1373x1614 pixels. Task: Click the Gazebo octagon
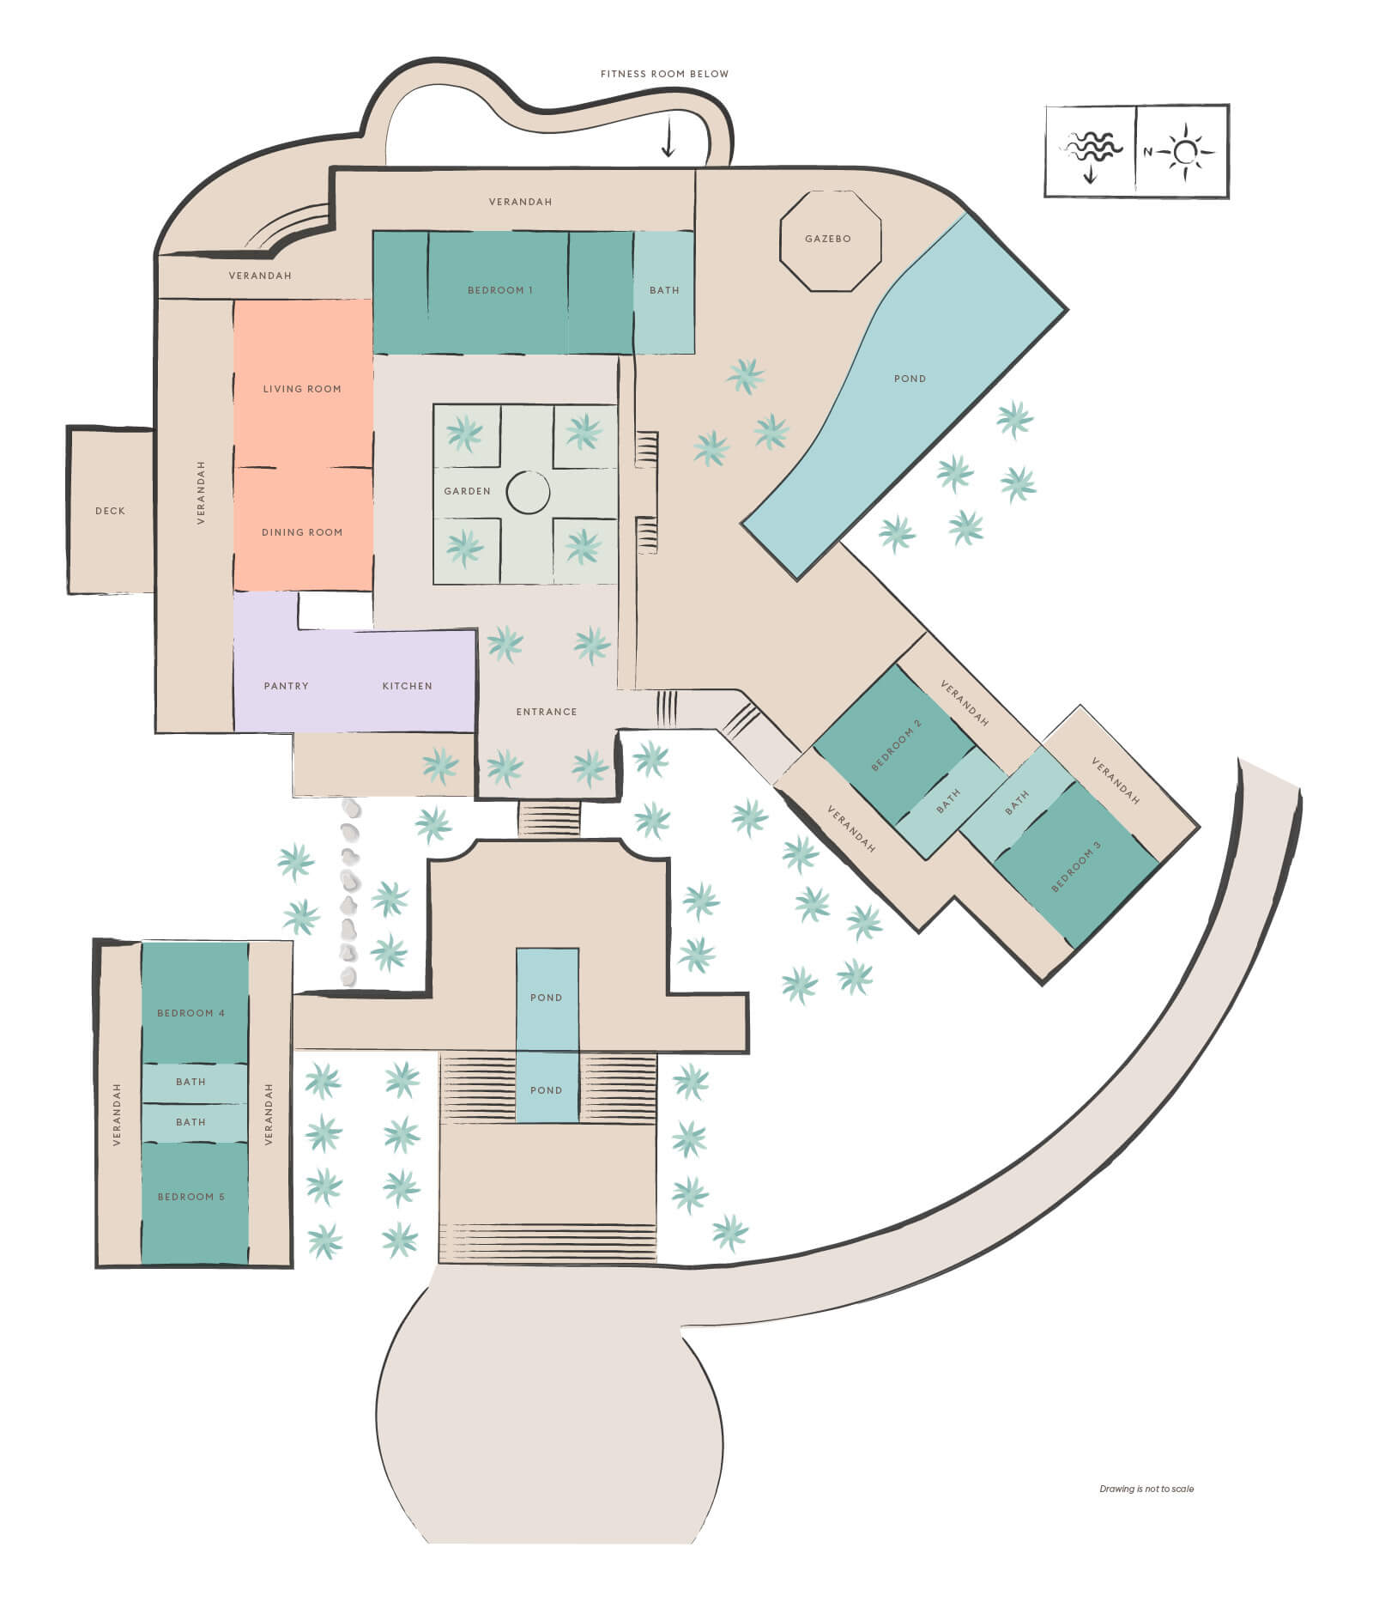(829, 240)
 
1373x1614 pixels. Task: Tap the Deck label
(111, 511)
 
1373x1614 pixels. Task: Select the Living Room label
(302, 389)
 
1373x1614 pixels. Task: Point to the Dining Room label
(302, 532)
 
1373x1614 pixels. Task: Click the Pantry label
(287, 686)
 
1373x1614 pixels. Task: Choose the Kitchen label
(408, 686)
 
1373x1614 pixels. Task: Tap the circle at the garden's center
(528, 493)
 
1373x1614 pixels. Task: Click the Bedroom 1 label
(500, 290)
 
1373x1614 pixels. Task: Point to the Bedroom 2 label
(897, 745)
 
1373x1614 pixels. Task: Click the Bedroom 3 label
(1076, 866)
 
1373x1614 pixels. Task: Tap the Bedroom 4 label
(191, 1013)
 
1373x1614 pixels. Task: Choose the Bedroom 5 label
(191, 1197)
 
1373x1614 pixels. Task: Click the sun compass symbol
(1185, 152)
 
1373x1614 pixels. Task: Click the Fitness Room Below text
(665, 74)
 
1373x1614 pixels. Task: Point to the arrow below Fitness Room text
(668, 138)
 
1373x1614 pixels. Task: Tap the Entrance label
(547, 712)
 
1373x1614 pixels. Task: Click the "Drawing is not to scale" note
(1146, 1489)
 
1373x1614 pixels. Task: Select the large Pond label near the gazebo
(910, 379)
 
